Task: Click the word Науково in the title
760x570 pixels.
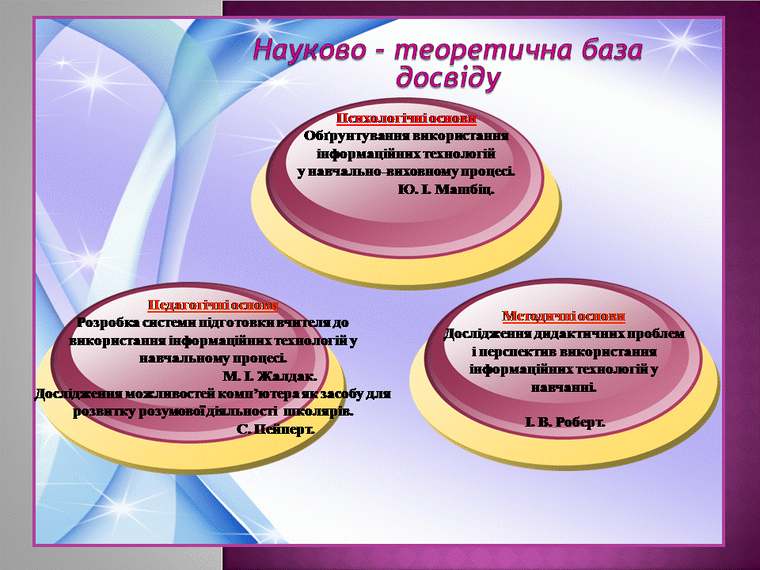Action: [310, 51]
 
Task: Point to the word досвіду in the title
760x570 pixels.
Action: [448, 78]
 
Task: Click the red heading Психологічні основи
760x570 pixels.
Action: [406, 118]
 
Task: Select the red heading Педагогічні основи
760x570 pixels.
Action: [213, 305]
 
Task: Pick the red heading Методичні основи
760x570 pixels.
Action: [563, 316]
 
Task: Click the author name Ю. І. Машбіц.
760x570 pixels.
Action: [446, 189]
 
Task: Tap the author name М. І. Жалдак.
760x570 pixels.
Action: [270, 376]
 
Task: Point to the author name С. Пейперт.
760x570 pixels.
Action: [275, 429]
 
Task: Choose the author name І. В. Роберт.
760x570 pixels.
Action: [565, 422]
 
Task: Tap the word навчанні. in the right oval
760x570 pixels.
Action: [564, 388]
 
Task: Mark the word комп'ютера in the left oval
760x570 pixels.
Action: [258, 394]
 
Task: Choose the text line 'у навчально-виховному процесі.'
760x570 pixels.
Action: [405, 172]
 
